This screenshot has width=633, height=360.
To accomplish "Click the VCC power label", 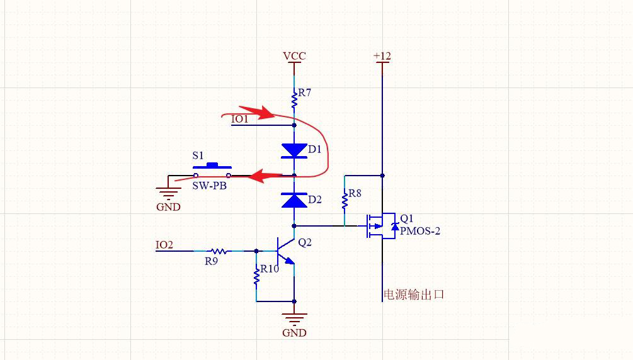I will tap(294, 56).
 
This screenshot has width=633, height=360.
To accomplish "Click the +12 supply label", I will tap(382, 56).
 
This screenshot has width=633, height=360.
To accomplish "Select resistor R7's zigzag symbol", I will tap(294, 99).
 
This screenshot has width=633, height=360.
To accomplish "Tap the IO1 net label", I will tap(240, 119).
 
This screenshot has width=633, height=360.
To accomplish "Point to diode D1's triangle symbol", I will tap(294, 150).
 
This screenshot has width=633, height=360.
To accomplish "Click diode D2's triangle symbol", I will tap(294, 200).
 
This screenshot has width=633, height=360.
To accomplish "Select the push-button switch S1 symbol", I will tap(212, 170).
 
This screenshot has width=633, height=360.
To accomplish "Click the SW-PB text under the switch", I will tap(209, 187).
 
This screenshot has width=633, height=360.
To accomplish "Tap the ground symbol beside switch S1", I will tap(168, 194).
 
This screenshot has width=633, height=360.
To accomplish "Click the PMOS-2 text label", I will tap(420, 231).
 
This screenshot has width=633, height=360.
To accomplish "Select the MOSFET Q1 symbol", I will tap(382, 226).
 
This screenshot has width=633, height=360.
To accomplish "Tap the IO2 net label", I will tap(164, 245).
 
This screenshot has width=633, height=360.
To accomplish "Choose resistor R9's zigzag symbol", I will tap(219, 250).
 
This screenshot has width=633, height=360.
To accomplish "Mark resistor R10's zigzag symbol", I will tap(256, 276).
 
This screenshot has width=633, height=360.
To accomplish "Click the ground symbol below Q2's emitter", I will tap(294, 318).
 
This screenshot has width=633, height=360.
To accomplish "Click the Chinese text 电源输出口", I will tap(414, 294).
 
